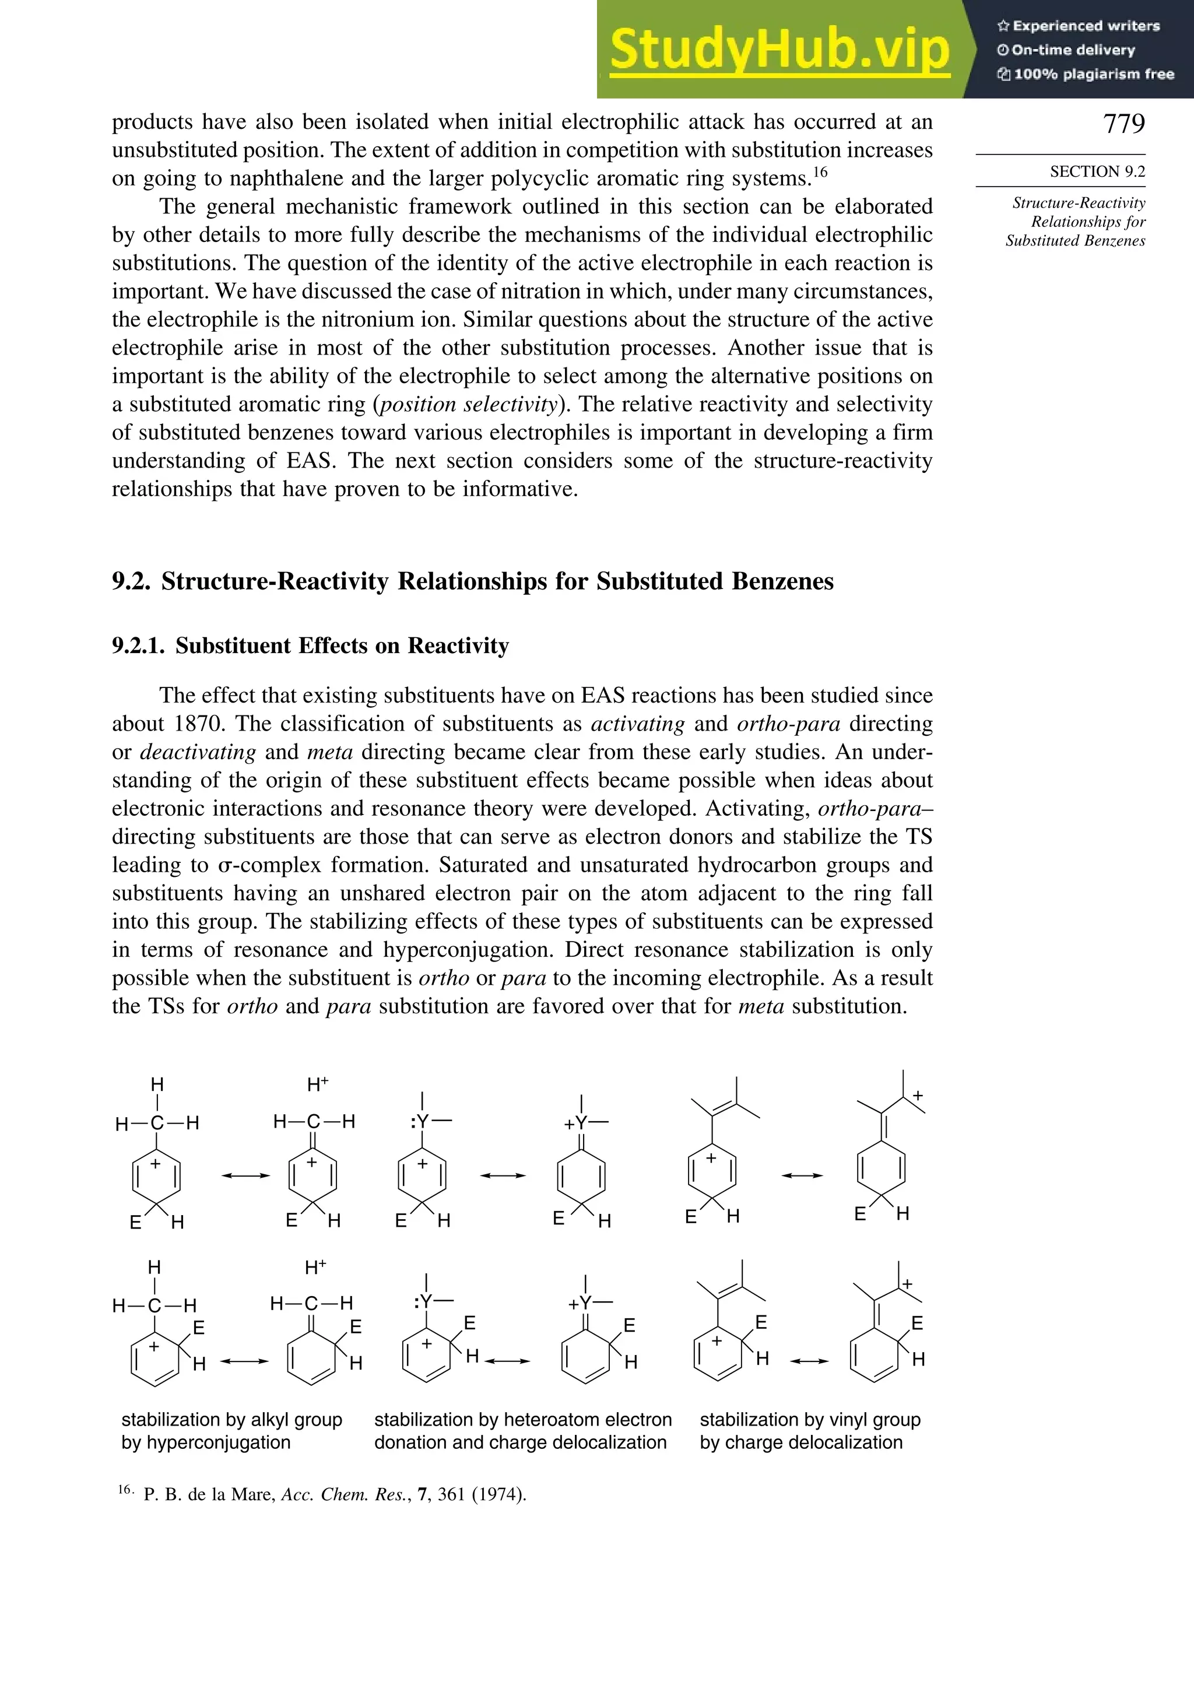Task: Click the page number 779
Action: click(1123, 124)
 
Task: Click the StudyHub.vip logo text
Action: click(779, 50)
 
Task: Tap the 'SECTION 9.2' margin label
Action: click(1097, 171)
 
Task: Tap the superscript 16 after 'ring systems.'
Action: click(820, 173)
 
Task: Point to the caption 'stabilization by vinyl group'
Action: click(810, 1420)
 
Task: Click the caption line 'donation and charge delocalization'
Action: click(520, 1443)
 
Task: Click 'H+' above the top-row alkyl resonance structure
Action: click(317, 1086)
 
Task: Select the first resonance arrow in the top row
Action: click(245, 1175)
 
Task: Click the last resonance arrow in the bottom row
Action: click(809, 1361)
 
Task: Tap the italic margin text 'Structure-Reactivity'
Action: click(1078, 203)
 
